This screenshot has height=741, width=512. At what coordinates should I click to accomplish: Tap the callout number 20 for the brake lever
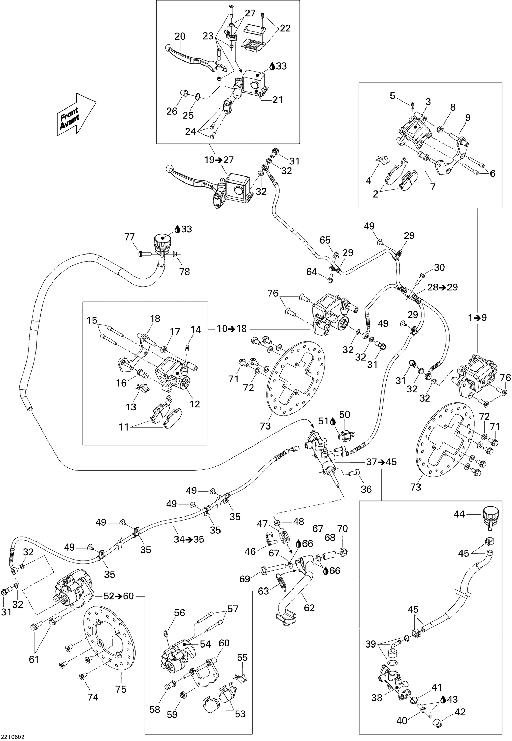(180, 37)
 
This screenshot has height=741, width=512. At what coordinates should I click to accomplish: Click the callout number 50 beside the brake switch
(345, 414)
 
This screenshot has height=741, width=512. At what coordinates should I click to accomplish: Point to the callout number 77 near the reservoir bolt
(130, 237)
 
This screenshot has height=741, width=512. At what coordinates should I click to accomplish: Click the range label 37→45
(381, 462)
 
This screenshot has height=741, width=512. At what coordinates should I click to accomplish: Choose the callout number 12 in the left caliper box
(195, 404)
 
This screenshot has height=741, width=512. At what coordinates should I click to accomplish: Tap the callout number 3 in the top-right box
(428, 102)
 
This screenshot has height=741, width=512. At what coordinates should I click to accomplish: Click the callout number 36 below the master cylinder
(366, 489)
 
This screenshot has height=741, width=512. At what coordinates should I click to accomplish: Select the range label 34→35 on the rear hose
(189, 539)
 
